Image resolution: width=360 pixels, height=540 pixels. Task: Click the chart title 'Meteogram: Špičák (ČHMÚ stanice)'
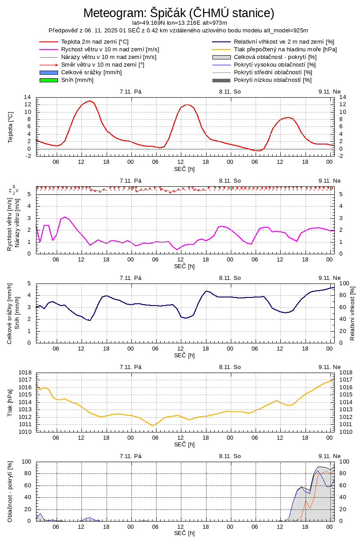point(179,13)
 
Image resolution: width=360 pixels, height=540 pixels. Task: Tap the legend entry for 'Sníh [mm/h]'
point(77,80)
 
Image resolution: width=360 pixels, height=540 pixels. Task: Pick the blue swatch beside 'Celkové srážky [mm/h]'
point(49,72)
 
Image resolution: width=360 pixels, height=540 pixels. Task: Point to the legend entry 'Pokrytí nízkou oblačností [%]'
point(273,80)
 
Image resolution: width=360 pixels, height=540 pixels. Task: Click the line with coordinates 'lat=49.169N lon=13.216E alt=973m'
point(180,22)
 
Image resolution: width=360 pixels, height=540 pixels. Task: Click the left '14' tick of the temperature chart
point(27,97)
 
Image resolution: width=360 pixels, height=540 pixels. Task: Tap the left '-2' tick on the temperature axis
point(27,156)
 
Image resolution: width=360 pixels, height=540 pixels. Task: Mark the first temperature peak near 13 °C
point(90,101)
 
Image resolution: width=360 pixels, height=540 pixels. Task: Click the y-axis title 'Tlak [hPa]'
point(11,402)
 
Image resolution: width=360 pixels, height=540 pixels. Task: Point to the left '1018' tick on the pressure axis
point(25,373)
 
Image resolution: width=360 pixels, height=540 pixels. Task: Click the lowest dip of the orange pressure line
point(153,425)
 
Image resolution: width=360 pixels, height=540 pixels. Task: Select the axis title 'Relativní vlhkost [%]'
point(352,313)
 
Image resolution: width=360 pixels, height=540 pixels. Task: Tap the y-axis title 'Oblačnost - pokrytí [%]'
point(11,491)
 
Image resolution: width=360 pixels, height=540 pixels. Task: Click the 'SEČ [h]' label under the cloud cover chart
point(184,533)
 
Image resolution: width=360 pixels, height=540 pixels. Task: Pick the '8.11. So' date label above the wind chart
point(230,180)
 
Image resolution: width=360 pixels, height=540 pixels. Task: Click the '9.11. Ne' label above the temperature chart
point(329,91)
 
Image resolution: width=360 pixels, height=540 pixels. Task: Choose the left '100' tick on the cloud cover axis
point(26,462)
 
